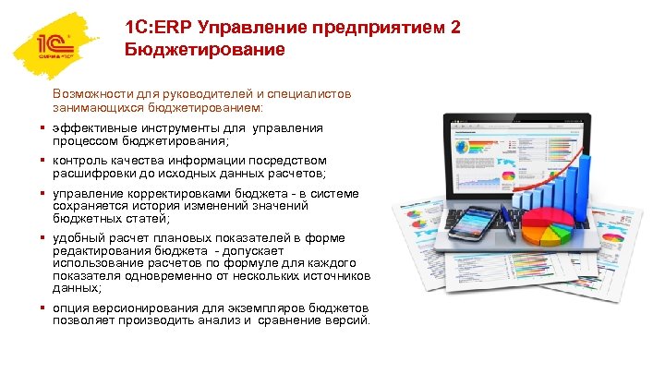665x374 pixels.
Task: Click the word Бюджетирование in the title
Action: (x=205, y=49)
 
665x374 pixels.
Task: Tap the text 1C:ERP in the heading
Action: (x=156, y=28)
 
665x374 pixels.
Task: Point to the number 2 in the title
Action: (x=453, y=28)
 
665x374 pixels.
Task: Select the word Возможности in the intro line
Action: (x=90, y=95)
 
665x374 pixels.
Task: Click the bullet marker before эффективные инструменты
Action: (x=42, y=128)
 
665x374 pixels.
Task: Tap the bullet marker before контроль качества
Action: (x=42, y=160)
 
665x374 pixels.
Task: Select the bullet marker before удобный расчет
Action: (x=42, y=238)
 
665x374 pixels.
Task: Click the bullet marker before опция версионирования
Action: (x=42, y=308)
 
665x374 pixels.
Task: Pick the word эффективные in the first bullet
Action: (x=91, y=128)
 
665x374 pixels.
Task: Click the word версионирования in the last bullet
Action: (x=136, y=308)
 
